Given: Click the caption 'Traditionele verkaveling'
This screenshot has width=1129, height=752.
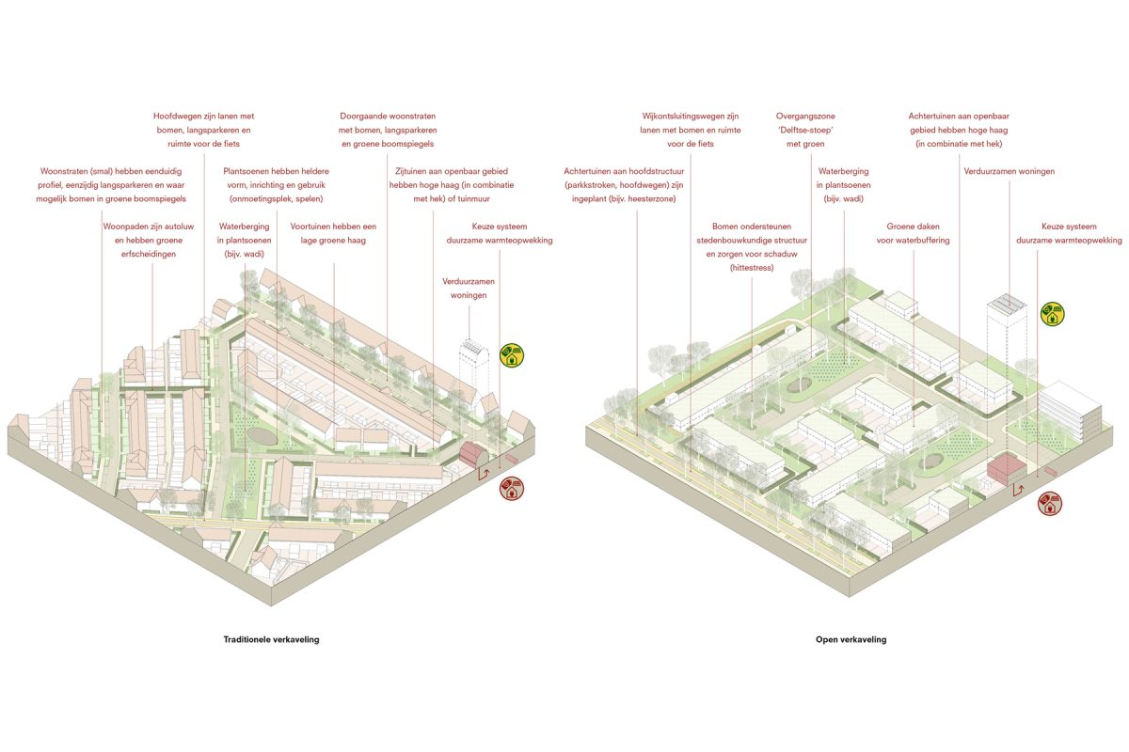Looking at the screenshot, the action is (x=271, y=639).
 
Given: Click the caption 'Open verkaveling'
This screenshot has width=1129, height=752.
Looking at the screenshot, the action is (x=851, y=639).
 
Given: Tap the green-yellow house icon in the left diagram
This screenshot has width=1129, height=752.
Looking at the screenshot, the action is (x=512, y=355).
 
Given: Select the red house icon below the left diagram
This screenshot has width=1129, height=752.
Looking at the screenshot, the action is (x=512, y=489).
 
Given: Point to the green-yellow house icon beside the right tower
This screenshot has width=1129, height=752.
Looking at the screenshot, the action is (x=1053, y=314).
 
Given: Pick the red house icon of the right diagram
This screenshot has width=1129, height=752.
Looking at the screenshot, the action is (x=1050, y=503).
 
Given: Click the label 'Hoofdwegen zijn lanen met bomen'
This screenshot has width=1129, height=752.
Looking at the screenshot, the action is (x=203, y=130).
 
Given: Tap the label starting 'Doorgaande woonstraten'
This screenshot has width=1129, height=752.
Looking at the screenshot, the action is (x=388, y=130).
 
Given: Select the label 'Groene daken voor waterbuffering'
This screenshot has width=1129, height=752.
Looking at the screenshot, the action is (x=913, y=233).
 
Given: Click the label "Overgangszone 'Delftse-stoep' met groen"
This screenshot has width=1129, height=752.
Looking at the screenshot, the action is (x=805, y=130).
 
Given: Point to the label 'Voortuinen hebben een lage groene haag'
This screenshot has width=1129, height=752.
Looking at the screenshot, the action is (x=333, y=233).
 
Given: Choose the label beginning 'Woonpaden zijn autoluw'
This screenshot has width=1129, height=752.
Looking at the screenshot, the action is (x=149, y=240).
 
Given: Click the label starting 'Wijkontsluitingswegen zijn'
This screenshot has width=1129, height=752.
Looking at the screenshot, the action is (x=690, y=130).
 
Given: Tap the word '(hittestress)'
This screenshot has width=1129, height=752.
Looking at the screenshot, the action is (x=752, y=268).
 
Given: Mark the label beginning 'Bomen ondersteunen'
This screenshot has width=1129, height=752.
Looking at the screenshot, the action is (x=752, y=247).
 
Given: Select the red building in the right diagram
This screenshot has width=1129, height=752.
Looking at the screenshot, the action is (x=1006, y=469).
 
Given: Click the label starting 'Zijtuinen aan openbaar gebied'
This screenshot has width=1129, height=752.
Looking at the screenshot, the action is (x=451, y=185).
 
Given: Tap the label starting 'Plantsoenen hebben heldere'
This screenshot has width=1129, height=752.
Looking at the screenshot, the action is (x=277, y=185).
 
